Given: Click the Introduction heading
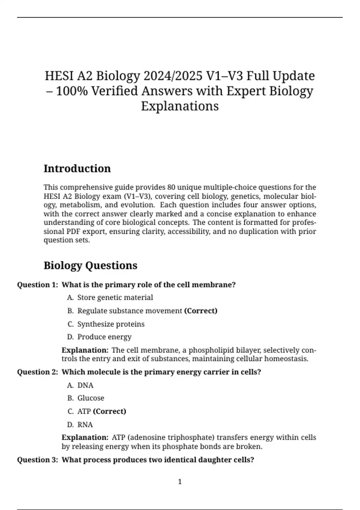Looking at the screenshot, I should [x=77, y=169].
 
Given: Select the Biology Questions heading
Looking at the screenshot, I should [x=90, y=265].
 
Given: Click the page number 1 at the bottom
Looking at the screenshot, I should [x=180, y=482].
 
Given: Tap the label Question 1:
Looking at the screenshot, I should [x=37, y=285].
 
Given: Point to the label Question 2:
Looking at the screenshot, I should [x=37, y=372].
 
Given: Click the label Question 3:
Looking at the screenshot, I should [x=37, y=460].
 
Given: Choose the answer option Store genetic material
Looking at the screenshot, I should [x=115, y=298].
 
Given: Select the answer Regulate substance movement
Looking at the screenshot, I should [x=130, y=311].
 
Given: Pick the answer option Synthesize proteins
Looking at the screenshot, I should [x=111, y=324].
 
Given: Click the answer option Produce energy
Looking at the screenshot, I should [x=104, y=337].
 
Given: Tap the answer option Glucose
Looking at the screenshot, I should [x=91, y=398].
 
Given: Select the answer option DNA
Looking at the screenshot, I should [x=85, y=385].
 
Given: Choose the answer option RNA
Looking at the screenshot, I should [x=85, y=424].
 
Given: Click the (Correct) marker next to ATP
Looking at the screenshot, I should [x=109, y=411].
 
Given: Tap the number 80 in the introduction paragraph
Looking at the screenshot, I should [x=171, y=187].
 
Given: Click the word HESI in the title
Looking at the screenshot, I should [x=59, y=76].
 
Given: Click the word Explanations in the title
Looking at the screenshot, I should [x=180, y=106].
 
